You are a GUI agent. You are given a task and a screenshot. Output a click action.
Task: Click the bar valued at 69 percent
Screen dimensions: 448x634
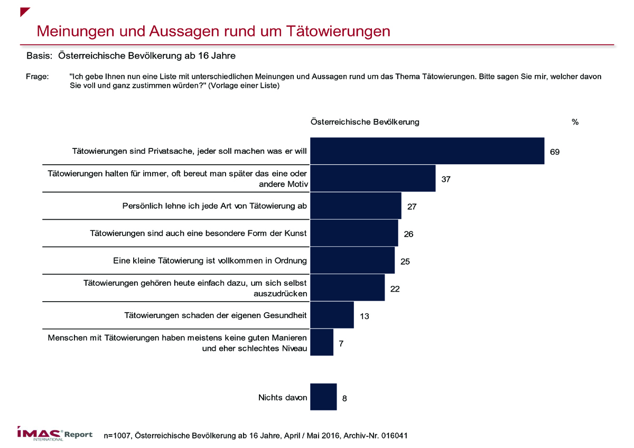(427, 151)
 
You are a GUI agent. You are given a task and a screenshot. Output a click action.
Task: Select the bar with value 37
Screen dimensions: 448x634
(372, 179)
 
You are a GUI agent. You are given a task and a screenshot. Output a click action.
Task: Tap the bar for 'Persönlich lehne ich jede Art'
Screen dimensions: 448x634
(356, 206)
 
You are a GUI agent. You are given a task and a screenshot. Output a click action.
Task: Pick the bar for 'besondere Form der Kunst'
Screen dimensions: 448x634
(354, 234)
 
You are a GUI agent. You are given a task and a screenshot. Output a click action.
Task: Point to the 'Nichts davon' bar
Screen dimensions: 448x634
(323, 397)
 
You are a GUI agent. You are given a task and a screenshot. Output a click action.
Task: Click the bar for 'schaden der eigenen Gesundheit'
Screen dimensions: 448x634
(332, 315)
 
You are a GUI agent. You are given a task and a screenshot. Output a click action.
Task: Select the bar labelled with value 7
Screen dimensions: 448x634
(322, 342)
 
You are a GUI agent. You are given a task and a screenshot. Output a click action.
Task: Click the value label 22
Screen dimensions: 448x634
(395, 288)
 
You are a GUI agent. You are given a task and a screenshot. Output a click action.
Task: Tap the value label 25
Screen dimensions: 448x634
(405, 262)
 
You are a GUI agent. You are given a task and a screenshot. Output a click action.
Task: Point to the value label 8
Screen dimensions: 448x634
(344, 398)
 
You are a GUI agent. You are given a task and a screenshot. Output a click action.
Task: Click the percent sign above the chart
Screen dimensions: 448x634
(575, 122)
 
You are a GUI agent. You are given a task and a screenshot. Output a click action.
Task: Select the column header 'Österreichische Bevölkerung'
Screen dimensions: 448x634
(365, 122)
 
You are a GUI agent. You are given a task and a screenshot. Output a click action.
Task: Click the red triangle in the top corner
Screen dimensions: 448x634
(25, 12)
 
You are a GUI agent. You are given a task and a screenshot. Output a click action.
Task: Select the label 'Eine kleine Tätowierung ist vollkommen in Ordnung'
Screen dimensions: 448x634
(210, 260)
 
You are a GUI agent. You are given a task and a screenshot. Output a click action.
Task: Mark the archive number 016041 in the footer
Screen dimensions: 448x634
(394, 436)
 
